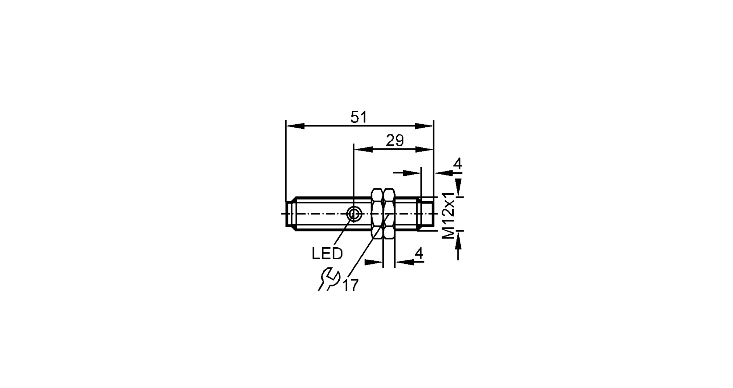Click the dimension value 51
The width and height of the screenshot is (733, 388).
click(x=358, y=117)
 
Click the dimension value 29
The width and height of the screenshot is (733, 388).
click(x=395, y=140)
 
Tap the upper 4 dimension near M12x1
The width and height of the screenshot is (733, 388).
click(x=458, y=164)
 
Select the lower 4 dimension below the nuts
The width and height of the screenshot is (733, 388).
click(x=419, y=253)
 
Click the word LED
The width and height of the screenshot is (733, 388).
click(x=327, y=253)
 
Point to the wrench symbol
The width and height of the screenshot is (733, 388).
click(x=329, y=279)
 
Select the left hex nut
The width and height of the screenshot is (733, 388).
click(x=377, y=214)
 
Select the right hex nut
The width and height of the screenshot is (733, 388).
click(x=389, y=214)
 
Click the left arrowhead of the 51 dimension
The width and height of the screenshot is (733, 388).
click(x=295, y=126)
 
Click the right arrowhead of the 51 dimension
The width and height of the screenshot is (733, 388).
click(x=424, y=126)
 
